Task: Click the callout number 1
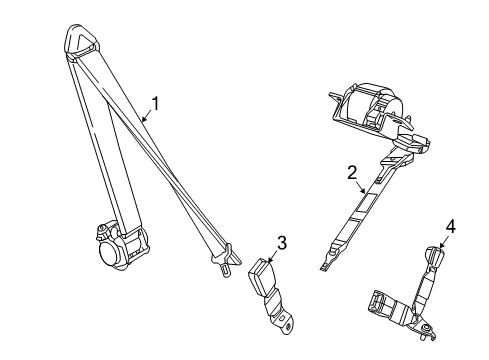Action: [155, 102]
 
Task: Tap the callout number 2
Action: [352, 172]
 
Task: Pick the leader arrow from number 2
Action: [360, 189]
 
